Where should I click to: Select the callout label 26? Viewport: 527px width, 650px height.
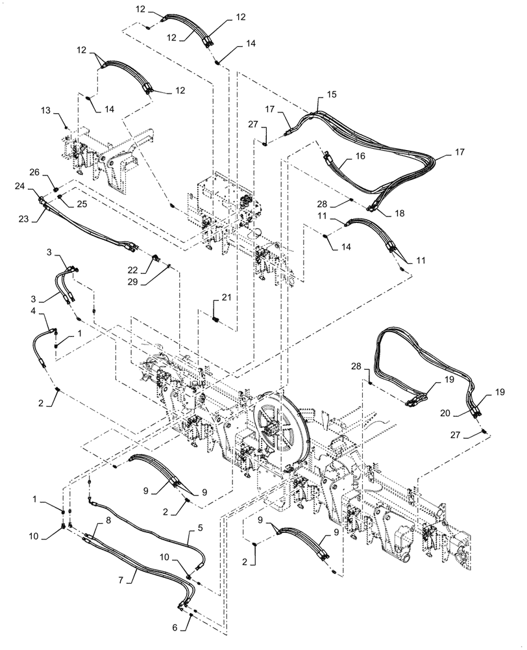[34, 172]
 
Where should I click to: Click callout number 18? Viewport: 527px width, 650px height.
[398, 213]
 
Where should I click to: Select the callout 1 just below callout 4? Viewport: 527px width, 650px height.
[79, 333]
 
